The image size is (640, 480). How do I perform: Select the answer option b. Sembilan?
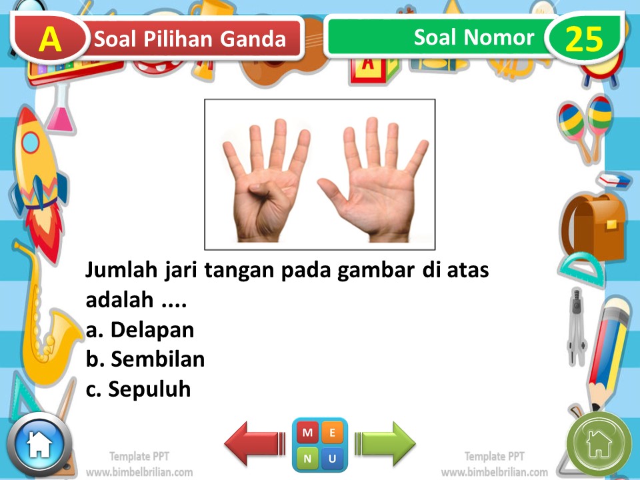click(x=145, y=359)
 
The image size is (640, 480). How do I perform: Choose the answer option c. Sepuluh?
click(x=139, y=389)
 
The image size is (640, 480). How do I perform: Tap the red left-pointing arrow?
click(x=254, y=443)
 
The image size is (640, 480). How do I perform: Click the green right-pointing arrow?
click(x=385, y=443)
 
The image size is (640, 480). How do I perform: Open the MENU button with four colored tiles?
click(x=320, y=445)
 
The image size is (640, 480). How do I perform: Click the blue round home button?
click(x=39, y=445)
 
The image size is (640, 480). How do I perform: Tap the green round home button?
click(x=599, y=443)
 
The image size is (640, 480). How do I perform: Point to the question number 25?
click(x=584, y=39)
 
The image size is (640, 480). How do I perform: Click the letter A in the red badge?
click(x=51, y=40)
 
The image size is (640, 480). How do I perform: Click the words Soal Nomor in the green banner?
click(x=474, y=37)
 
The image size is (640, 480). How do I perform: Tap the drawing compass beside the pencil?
click(x=575, y=327)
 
